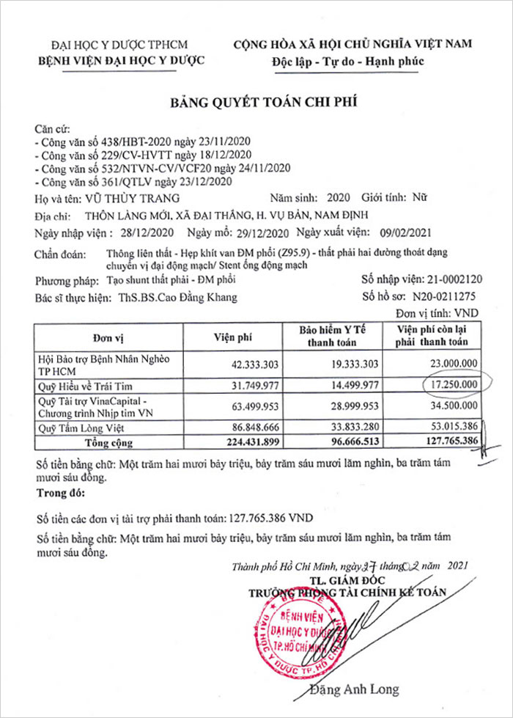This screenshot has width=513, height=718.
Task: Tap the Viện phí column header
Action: (x=233, y=338)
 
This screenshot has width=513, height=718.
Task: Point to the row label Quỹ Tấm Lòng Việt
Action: (x=82, y=425)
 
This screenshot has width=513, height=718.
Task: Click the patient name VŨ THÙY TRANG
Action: (x=128, y=198)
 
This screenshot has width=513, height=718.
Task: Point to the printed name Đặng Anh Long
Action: (x=355, y=689)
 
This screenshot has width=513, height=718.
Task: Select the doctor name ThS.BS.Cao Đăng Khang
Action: (x=179, y=298)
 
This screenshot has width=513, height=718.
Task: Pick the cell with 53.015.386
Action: (x=449, y=425)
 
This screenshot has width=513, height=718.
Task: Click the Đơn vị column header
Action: (x=108, y=338)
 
